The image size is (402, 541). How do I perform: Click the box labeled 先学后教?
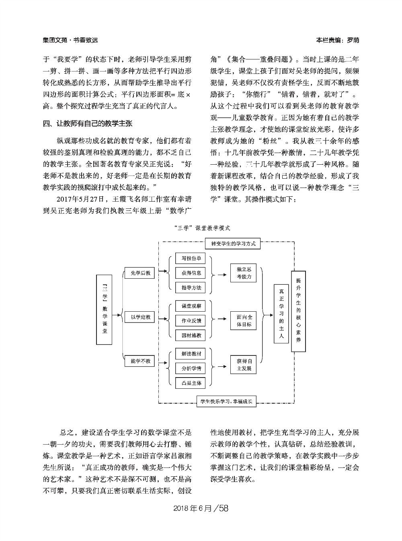click(137, 273)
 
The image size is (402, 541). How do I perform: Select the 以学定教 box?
click(137, 317)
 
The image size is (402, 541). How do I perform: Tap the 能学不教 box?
click(137, 361)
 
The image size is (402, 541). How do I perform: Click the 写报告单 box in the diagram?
click(191, 258)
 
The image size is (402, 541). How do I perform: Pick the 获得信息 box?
click(191, 273)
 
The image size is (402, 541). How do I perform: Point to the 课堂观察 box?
click(191, 306)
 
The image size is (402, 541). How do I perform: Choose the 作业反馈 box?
click(191, 321)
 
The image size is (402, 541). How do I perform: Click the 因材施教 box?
click(191, 335)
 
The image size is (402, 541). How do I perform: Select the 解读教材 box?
click(191, 354)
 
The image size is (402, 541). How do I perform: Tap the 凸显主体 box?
click(191, 383)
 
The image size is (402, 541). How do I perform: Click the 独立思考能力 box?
click(244, 273)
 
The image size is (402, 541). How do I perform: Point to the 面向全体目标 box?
click(244, 321)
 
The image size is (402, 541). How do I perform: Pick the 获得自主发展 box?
click(244, 365)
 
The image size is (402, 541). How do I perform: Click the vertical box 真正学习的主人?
click(281, 313)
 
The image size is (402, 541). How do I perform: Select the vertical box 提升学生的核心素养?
click(298, 311)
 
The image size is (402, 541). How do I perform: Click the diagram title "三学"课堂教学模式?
click(203, 228)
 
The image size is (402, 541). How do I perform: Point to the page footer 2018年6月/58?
click(201, 508)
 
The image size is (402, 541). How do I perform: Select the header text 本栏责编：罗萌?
click(337, 40)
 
